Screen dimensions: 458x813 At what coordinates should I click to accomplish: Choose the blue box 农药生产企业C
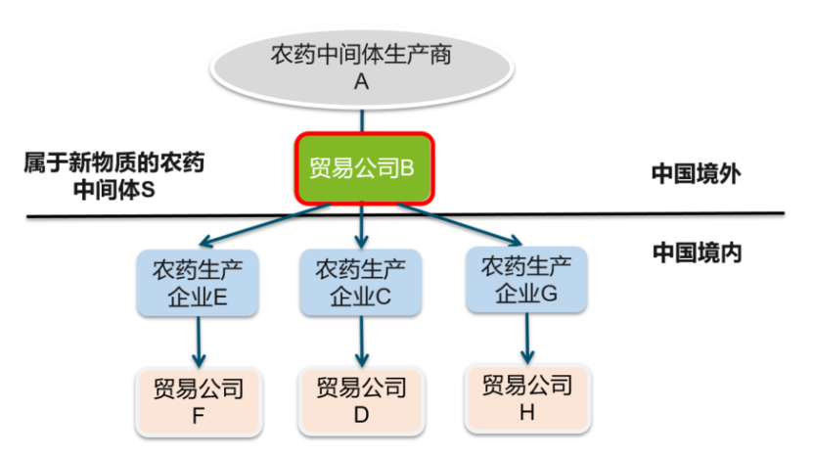pos(361,282)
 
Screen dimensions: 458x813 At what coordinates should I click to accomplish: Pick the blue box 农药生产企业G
pos(526,280)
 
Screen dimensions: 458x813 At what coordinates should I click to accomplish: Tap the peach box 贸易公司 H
pos(526,397)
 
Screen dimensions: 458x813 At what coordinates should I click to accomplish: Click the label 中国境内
pos(697,252)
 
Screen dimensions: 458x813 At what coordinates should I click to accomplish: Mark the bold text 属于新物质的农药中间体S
pos(114,175)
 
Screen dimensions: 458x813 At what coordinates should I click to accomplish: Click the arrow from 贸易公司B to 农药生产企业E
pos(264,225)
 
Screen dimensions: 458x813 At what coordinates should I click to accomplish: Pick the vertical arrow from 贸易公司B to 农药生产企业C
pos(363,227)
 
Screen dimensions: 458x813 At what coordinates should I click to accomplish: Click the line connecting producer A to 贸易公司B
pos(363,119)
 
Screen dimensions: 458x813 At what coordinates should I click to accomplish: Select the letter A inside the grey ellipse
pos(361,83)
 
